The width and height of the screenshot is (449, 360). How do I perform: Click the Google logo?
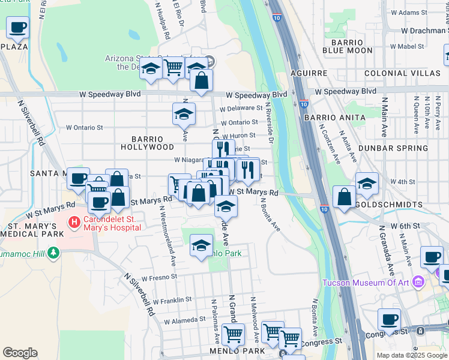click(20, 353)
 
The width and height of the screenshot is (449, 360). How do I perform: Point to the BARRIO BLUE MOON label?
click(348, 47)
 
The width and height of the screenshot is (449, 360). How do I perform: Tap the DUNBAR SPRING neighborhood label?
click(393, 148)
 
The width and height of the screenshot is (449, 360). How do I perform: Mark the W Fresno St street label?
click(157, 277)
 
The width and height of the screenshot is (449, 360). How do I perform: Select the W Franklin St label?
click(172, 299)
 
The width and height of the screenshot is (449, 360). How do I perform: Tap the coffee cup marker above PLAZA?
click(18, 27)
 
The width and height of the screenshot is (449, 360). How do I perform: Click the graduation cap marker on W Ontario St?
click(184, 114)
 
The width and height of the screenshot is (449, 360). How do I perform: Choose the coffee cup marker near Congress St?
click(389, 320)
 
